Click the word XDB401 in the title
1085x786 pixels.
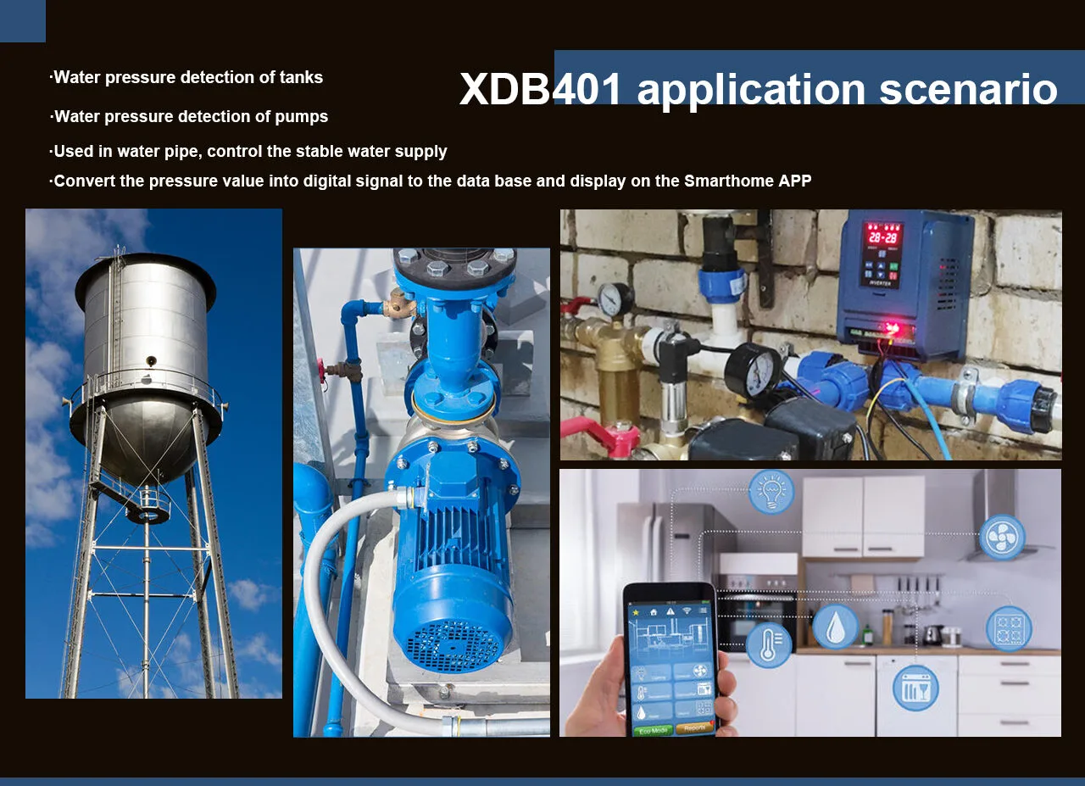tap(540, 89)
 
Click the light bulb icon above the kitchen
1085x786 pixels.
tap(771, 492)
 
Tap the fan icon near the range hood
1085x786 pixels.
tap(1002, 537)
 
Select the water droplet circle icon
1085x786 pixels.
tap(835, 627)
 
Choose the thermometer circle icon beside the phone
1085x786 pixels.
tap(769, 645)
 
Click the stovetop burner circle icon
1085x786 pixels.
tap(1009, 628)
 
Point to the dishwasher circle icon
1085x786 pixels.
tap(915, 688)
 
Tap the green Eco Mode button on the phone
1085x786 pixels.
tap(653, 730)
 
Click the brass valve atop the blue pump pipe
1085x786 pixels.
tap(399, 304)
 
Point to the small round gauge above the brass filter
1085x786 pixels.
tap(615, 299)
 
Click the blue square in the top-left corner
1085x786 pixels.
tap(23, 21)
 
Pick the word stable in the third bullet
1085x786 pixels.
tap(320, 151)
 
